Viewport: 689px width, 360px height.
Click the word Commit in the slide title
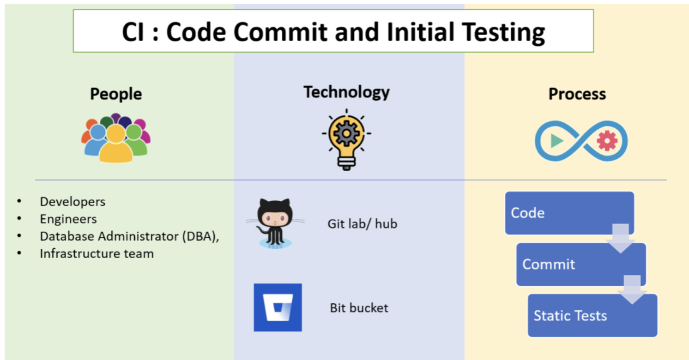click(x=280, y=32)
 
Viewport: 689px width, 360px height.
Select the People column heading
click(x=116, y=94)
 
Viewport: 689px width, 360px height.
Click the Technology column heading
click(x=347, y=92)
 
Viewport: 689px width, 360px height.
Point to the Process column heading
click(x=577, y=94)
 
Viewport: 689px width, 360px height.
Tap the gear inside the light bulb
click(x=346, y=133)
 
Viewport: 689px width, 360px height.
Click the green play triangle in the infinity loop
click(x=556, y=141)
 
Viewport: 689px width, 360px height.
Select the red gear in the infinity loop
click(x=607, y=141)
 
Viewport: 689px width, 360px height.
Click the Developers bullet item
click(x=73, y=202)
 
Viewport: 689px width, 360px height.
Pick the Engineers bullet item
click(x=68, y=219)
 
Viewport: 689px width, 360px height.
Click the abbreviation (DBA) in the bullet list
click(x=200, y=236)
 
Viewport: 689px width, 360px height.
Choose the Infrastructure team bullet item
click(x=97, y=254)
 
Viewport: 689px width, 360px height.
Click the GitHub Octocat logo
click(x=275, y=223)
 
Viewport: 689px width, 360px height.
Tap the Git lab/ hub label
click(x=363, y=224)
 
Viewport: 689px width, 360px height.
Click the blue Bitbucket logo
click(x=278, y=307)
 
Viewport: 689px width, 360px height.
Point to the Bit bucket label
click(x=359, y=308)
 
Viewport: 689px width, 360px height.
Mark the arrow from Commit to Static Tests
click(x=632, y=290)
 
